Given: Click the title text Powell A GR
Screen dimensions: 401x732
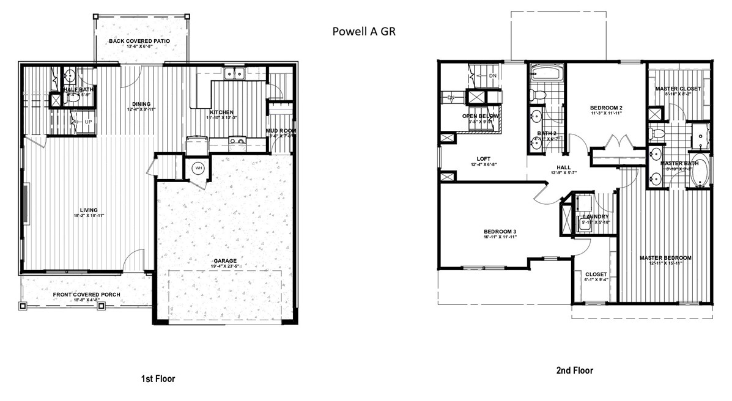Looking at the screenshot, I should [x=364, y=31].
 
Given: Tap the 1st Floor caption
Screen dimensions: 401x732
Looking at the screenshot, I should [x=158, y=379].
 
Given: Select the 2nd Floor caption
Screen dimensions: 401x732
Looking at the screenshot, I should [x=574, y=370].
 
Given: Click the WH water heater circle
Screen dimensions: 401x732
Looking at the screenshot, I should [x=199, y=168].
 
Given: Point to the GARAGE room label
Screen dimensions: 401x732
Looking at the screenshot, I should [x=224, y=261].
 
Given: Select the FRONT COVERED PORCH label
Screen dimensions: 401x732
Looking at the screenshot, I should [x=86, y=295].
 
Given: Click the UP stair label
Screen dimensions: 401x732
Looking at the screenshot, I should [x=88, y=122].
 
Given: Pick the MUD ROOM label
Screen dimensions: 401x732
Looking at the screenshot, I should [x=281, y=131].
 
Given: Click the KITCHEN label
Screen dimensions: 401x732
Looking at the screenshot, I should [x=221, y=112].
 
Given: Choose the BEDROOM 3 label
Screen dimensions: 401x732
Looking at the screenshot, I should [x=500, y=231].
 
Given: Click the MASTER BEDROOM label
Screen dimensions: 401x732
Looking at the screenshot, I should [x=665, y=258].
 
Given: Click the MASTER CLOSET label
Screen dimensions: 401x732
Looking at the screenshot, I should [x=678, y=89].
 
